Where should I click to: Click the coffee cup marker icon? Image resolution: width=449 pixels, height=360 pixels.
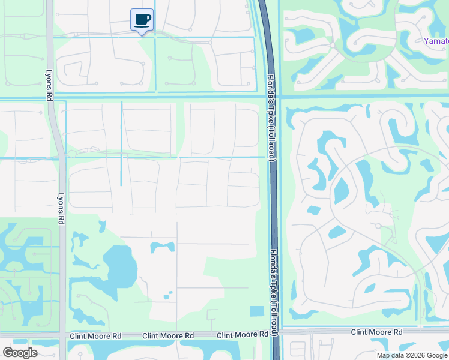142,20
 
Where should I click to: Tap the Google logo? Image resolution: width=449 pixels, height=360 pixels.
20,352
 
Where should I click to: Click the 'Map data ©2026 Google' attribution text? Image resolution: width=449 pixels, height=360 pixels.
412,355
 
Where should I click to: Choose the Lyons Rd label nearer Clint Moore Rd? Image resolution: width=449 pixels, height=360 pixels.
61,208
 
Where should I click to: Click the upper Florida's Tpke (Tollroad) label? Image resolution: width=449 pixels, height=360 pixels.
271,116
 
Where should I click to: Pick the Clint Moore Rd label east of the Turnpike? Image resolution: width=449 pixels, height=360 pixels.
376,332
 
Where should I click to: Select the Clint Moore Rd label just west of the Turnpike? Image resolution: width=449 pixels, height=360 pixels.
242,334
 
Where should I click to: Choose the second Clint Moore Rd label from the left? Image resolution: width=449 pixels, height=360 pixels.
169,335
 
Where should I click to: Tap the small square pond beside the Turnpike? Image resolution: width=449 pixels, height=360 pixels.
256,311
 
